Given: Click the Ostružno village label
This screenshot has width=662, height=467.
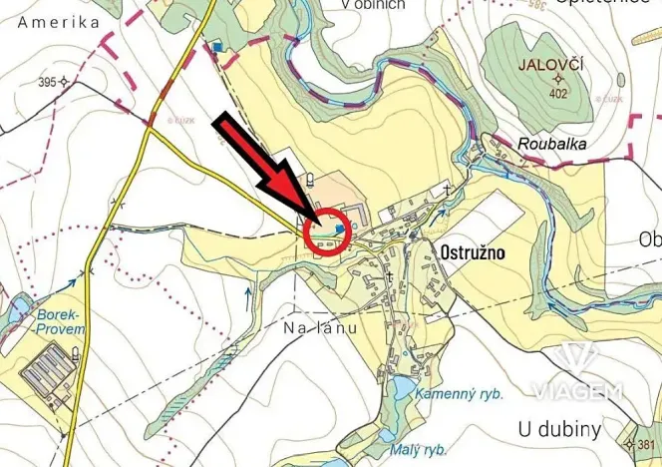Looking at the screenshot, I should [x=472, y=253].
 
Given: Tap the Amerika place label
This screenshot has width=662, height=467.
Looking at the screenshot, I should [x=58, y=21].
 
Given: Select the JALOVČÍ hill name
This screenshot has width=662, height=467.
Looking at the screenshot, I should [x=557, y=65].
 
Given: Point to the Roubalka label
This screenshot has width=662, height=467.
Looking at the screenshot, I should [x=552, y=144].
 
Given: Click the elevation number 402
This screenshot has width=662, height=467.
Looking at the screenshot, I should [x=557, y=94].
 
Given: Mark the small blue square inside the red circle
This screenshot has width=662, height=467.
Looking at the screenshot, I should [x=340, y=229].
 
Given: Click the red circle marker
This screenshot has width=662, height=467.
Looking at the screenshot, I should [x=328, y=232].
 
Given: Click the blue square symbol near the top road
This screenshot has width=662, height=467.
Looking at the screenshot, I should [x=217, y=46].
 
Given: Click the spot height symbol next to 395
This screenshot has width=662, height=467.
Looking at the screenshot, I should [x=63, y=82].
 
